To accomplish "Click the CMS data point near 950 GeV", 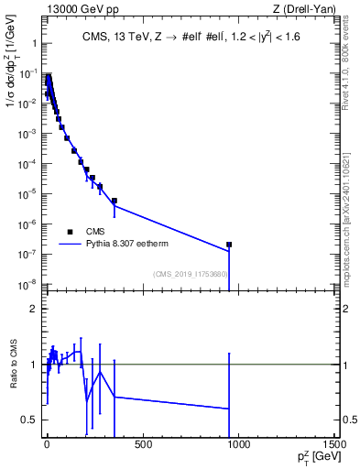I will click(x=229, y=245).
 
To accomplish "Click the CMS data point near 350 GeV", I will click(x=115, y=201).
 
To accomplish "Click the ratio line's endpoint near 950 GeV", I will click(x=229, y=409).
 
